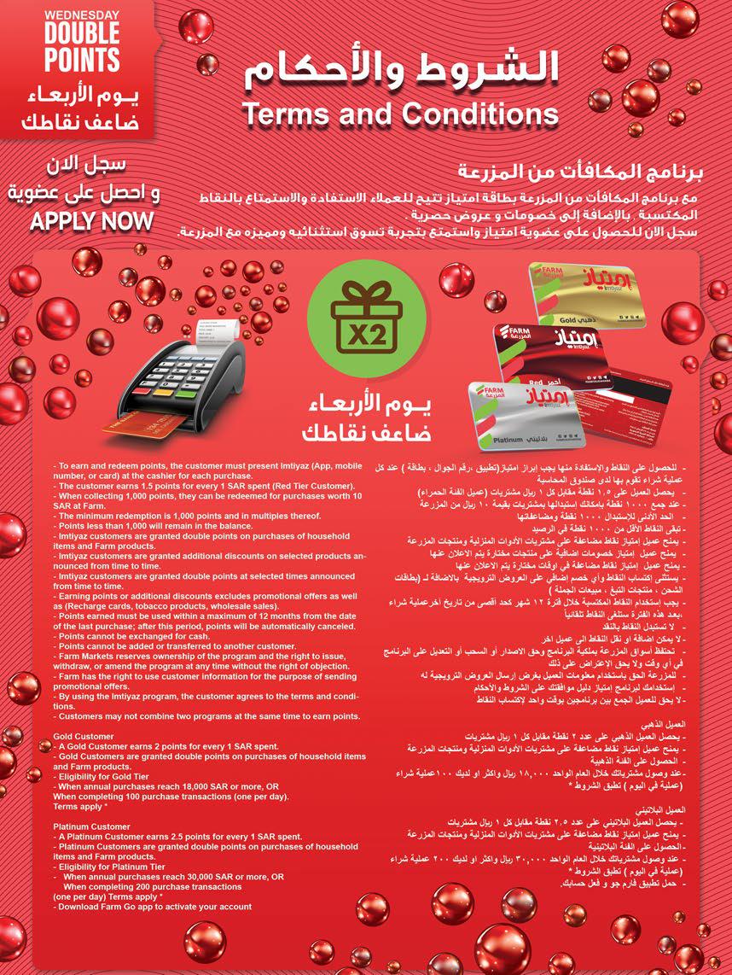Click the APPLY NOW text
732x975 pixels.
[92, 222]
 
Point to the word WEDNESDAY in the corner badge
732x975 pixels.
[59, 15]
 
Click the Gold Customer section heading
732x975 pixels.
[84, 736]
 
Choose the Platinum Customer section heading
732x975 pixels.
[92, 826]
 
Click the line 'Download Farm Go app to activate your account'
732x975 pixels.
[153, 907]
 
